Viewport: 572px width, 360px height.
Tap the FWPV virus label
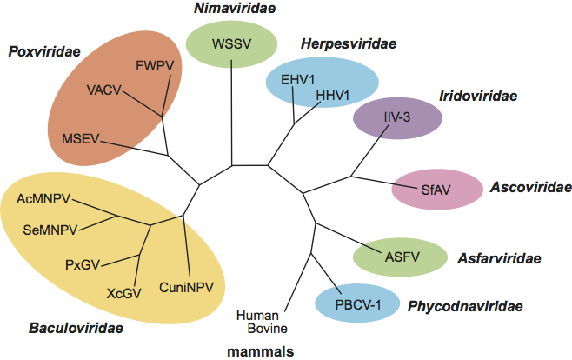[154, 65]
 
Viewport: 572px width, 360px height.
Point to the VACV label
[105, 89]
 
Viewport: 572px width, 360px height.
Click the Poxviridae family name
[44, 52]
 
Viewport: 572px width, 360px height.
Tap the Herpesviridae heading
[336, 43]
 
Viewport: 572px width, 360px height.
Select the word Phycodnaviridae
[465, 305]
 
